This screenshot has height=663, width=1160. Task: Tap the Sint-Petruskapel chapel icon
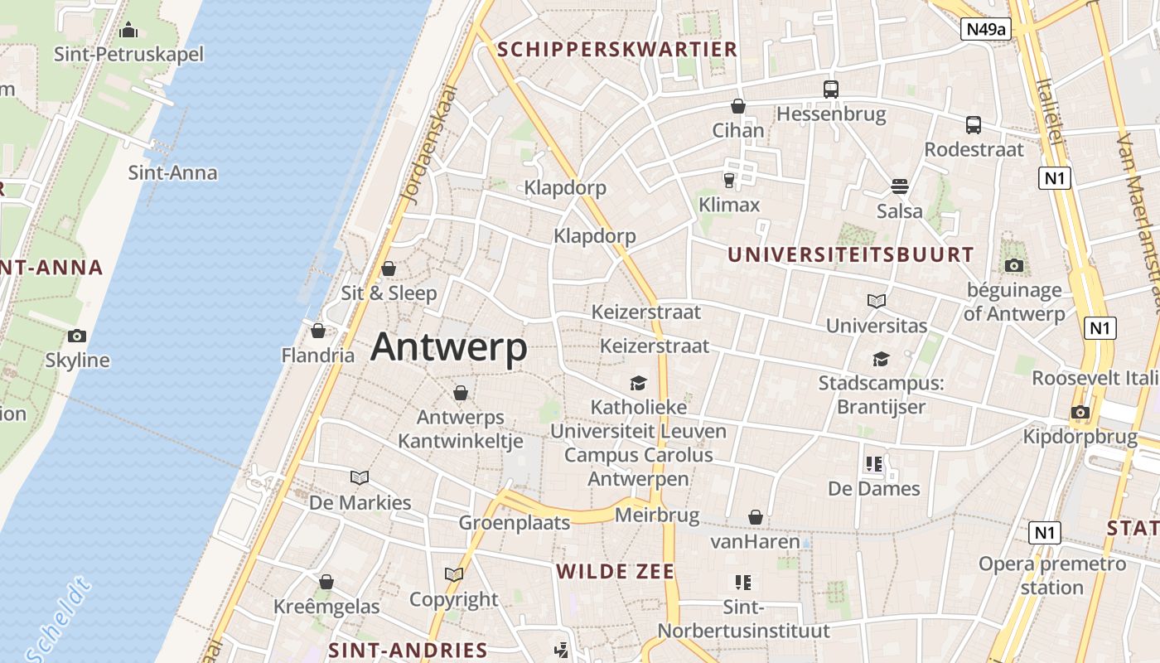click(x=128, y=31)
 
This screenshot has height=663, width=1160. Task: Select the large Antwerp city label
click(x=448, y=346)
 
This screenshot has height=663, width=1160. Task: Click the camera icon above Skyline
click(x=77, y=336)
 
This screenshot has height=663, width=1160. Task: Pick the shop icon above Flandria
click(x=317, y=331)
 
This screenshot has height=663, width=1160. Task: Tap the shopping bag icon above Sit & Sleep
click(x=388, y=269)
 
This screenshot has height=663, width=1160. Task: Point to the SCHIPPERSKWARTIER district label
click(x=617, y=50)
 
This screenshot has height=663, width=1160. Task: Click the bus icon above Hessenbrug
click(x=830, y=90)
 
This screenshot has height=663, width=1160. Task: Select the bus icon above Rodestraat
click(x=974, y=125)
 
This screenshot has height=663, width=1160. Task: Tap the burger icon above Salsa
click(x=900, y=186)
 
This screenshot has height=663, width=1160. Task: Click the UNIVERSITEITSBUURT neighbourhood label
click(x=851, y=254)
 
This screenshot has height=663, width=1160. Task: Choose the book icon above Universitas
click(x=877, y=301)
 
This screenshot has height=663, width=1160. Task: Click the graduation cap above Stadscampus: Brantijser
click(x=881, y=359)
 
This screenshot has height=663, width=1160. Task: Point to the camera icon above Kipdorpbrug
click(x=1080, y=412)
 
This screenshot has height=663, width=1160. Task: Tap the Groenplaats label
click(x=515, y=523)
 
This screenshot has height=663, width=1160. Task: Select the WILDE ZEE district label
click(x=616, y=571)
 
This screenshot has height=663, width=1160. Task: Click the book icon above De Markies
click(x=360, y=477)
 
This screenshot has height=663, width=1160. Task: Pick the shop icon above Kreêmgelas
click(x=326, y=582)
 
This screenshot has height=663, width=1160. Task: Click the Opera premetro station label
click(x=1052, y=575)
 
